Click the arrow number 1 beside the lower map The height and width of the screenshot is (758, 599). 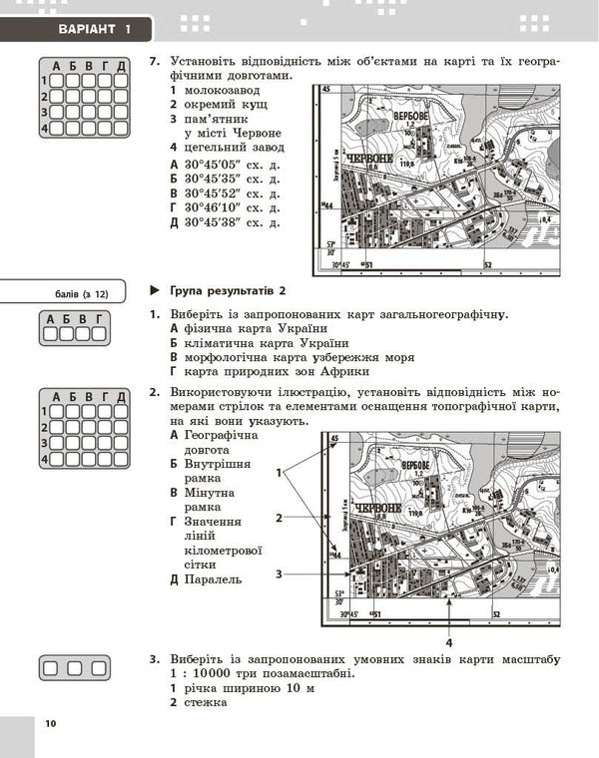[281, 471]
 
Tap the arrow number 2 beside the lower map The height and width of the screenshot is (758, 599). [281, 518]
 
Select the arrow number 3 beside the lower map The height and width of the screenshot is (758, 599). [281, 573]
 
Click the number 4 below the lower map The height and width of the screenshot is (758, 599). [450, 643]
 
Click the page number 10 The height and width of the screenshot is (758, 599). [51, 723]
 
